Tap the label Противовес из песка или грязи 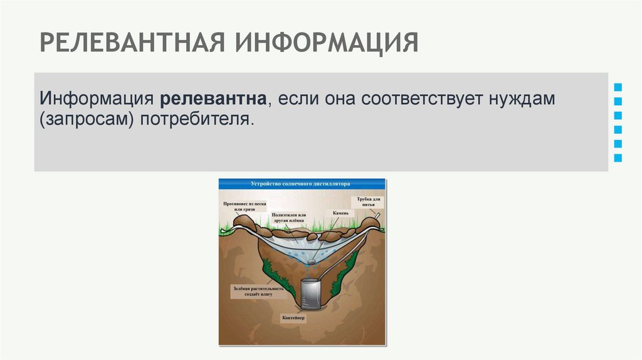[x=245, y=206]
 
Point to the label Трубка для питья [x=370, y=201]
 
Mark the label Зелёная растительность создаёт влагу [x=256, y=292]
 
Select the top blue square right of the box [x=618, y=87]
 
